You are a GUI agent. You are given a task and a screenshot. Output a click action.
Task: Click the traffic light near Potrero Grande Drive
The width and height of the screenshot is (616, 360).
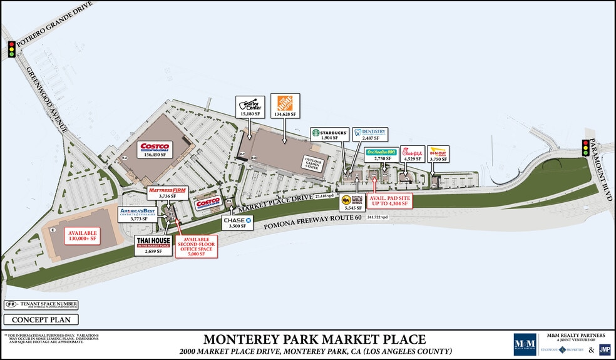11,49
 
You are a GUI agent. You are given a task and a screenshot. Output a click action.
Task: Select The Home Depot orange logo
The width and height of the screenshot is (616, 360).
285,103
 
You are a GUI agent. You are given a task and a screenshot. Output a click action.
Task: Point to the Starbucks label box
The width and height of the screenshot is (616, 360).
329,133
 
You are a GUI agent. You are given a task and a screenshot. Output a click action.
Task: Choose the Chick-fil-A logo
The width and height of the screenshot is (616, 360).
412,152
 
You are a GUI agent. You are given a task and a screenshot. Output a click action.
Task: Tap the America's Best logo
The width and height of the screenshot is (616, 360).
138,212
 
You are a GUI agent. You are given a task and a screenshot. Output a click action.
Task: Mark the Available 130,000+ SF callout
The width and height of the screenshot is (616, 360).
84,236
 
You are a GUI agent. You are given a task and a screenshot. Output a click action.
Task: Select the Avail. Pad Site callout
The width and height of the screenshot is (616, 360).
388,200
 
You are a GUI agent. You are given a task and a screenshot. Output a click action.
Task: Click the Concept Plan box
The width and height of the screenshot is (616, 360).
41,320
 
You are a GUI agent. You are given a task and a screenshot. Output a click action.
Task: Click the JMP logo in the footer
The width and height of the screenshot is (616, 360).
604,349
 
